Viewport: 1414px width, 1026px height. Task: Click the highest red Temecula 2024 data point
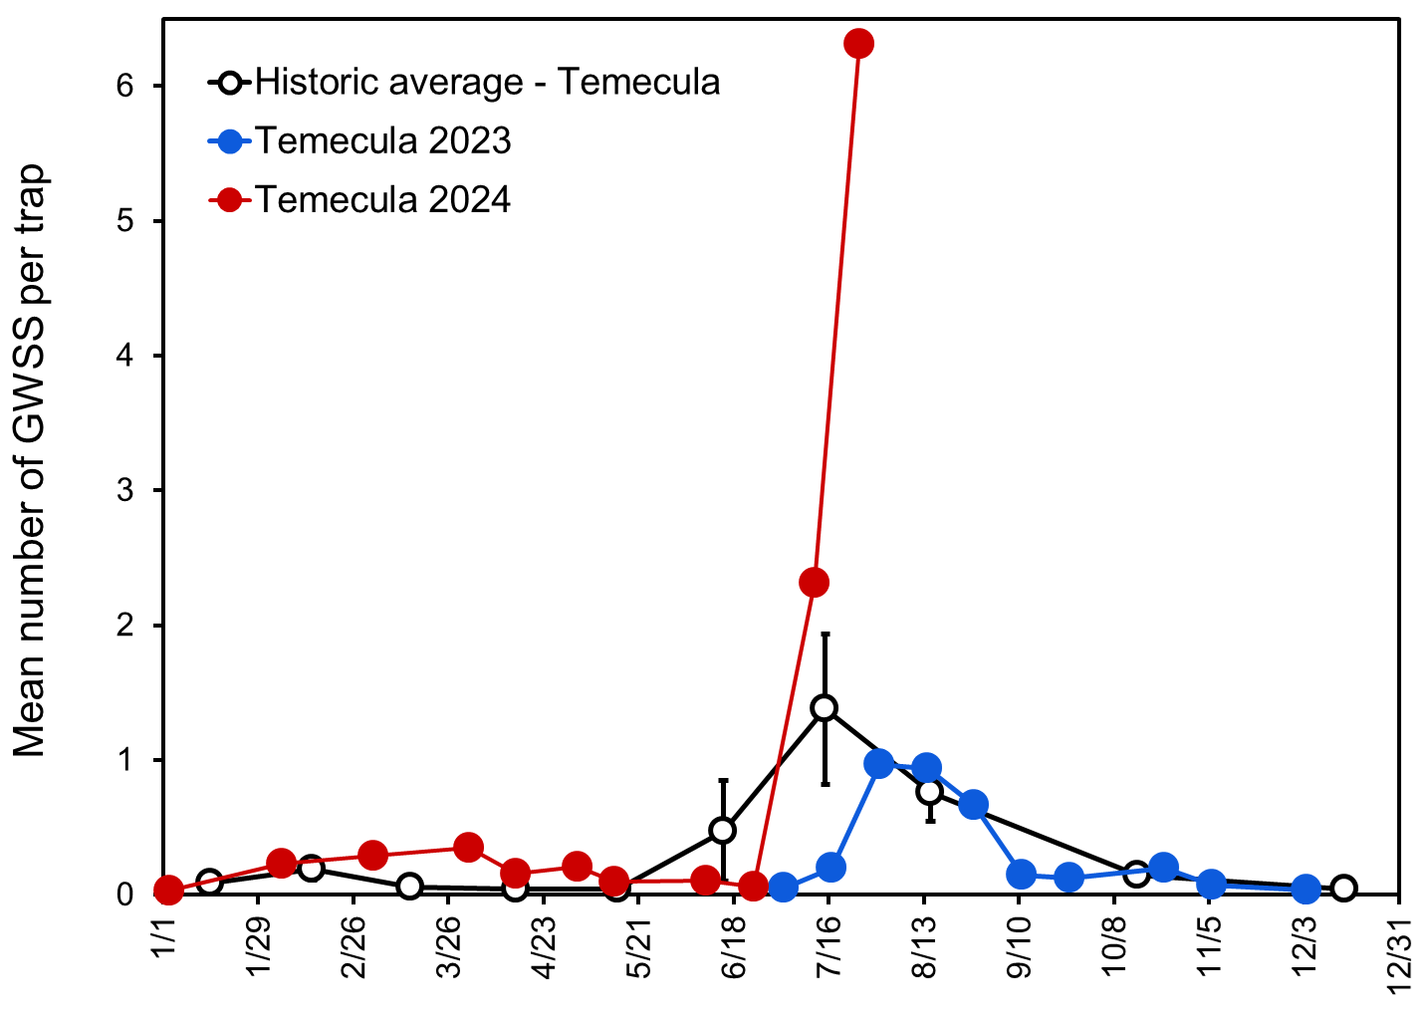click(858, 43)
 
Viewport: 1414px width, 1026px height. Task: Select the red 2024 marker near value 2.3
click(815, 583)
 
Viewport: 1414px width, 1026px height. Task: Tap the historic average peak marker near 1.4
click(824, 708)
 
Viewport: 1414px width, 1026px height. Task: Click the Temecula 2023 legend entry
click(382, 140)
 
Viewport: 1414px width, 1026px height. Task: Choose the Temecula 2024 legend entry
click(382, 200)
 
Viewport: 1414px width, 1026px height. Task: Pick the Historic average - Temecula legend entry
click(486, 82)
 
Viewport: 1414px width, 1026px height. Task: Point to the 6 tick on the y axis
click(124, 86)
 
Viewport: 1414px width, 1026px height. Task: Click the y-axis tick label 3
click(124, 490)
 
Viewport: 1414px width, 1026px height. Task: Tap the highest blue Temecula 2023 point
click(879, 764)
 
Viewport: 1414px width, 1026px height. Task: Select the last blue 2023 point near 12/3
click(1306, 889)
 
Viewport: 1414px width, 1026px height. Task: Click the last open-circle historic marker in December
click(1343, 888)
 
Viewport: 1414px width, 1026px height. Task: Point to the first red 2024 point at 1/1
click(168, 890)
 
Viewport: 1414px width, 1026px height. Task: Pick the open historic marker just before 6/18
click(723, 830)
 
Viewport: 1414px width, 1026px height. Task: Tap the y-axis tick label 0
click(124, 895)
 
